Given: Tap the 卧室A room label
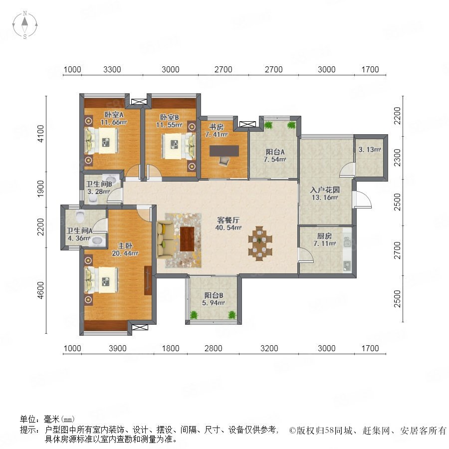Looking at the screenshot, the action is pyautogui.click(x=114, y=115).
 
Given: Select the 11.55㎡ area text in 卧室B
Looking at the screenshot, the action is pyautogui.click(x=169, y=125).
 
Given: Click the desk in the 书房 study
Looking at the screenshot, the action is pyautogui.click(x=224, y=151).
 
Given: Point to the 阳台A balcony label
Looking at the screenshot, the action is pyautogui.click(x=275, y=152).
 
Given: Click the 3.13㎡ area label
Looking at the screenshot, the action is pyautogui.click(x=370, y=149).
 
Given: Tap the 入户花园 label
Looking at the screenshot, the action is pyautogui.click(x=325, y=190).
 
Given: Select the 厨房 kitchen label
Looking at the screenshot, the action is pyautogui.click(x=324, y=236).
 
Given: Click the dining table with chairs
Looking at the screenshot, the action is pyautogui.click(x=260, y=243).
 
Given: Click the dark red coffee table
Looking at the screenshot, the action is pyautogui.click(x=187, y=239).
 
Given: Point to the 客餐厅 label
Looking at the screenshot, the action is pyautogui.click(x=228, y=220).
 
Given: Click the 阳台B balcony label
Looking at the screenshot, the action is pyautogui.click(x=214, y=295).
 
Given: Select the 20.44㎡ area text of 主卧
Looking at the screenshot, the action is pyautogui.click(x=125, y=253).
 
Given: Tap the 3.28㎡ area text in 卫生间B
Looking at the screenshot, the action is pyautogui.click(x=98, y=192).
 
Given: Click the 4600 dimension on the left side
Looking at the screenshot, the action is pyautogui.click(x=41, y=290).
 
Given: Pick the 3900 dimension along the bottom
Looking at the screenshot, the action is pyautogui.click(x=118, y=348).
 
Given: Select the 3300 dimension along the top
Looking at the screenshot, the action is pyautogui.click(x=112, y=69).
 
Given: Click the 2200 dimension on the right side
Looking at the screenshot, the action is pyautogui.click(x=398, y=116).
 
